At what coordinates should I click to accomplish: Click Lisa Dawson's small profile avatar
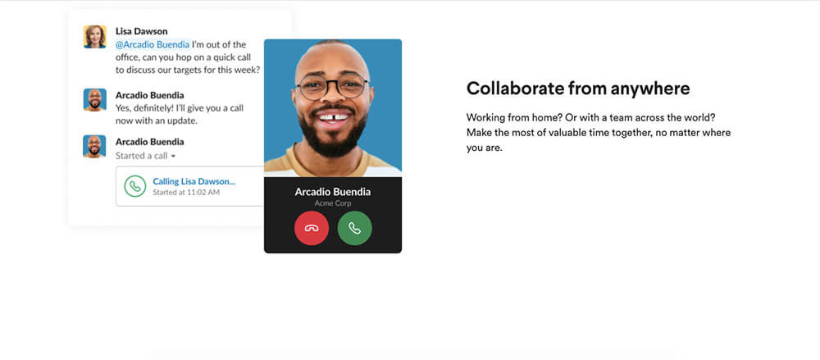tap(94, 37)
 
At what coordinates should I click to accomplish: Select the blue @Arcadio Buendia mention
tap(153, 44)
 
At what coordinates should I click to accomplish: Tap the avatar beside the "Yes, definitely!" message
tap(94, 99)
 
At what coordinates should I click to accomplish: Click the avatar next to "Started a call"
tap(94, 146)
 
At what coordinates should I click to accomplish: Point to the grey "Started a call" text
tap(142, 156)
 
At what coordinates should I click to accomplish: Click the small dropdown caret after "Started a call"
tap(173, 156)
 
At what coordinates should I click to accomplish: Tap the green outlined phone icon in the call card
tap(135, 186)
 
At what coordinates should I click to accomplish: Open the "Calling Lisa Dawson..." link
tap(194, 181)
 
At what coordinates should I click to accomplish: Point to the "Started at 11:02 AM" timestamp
tap(186, 192)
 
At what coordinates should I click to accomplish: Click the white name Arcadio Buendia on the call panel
tap(333, 192)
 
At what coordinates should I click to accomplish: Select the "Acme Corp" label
tap(333, 203)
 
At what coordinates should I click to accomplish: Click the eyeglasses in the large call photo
tap(333, 86)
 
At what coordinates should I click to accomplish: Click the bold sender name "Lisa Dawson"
tap(142, 31)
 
